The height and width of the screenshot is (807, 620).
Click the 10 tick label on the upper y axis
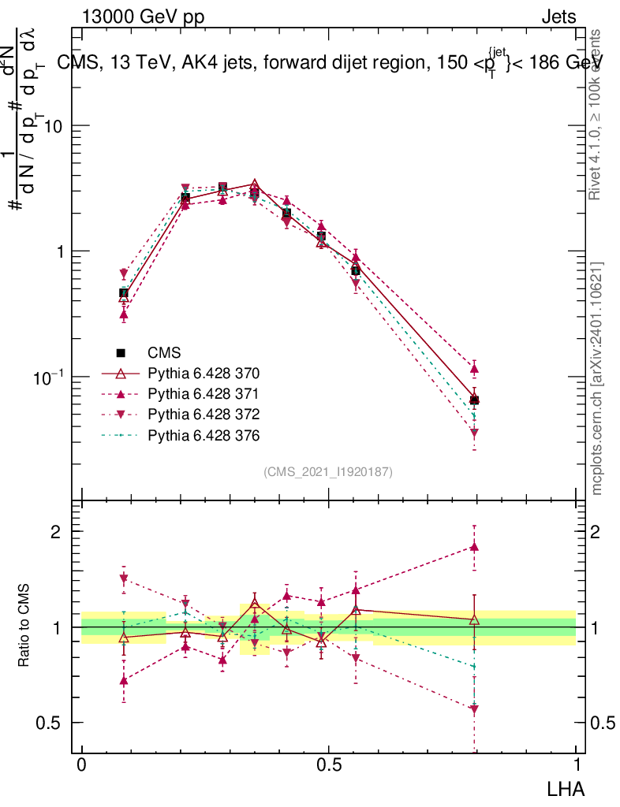53,126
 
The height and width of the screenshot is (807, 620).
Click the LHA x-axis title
567,787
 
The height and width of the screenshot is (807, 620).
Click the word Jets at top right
558,17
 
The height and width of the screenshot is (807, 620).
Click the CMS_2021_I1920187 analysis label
328,472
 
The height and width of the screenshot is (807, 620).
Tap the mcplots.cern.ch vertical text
597,378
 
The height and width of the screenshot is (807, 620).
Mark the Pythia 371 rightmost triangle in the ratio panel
474,546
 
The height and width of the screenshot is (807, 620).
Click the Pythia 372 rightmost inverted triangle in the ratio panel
474,710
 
